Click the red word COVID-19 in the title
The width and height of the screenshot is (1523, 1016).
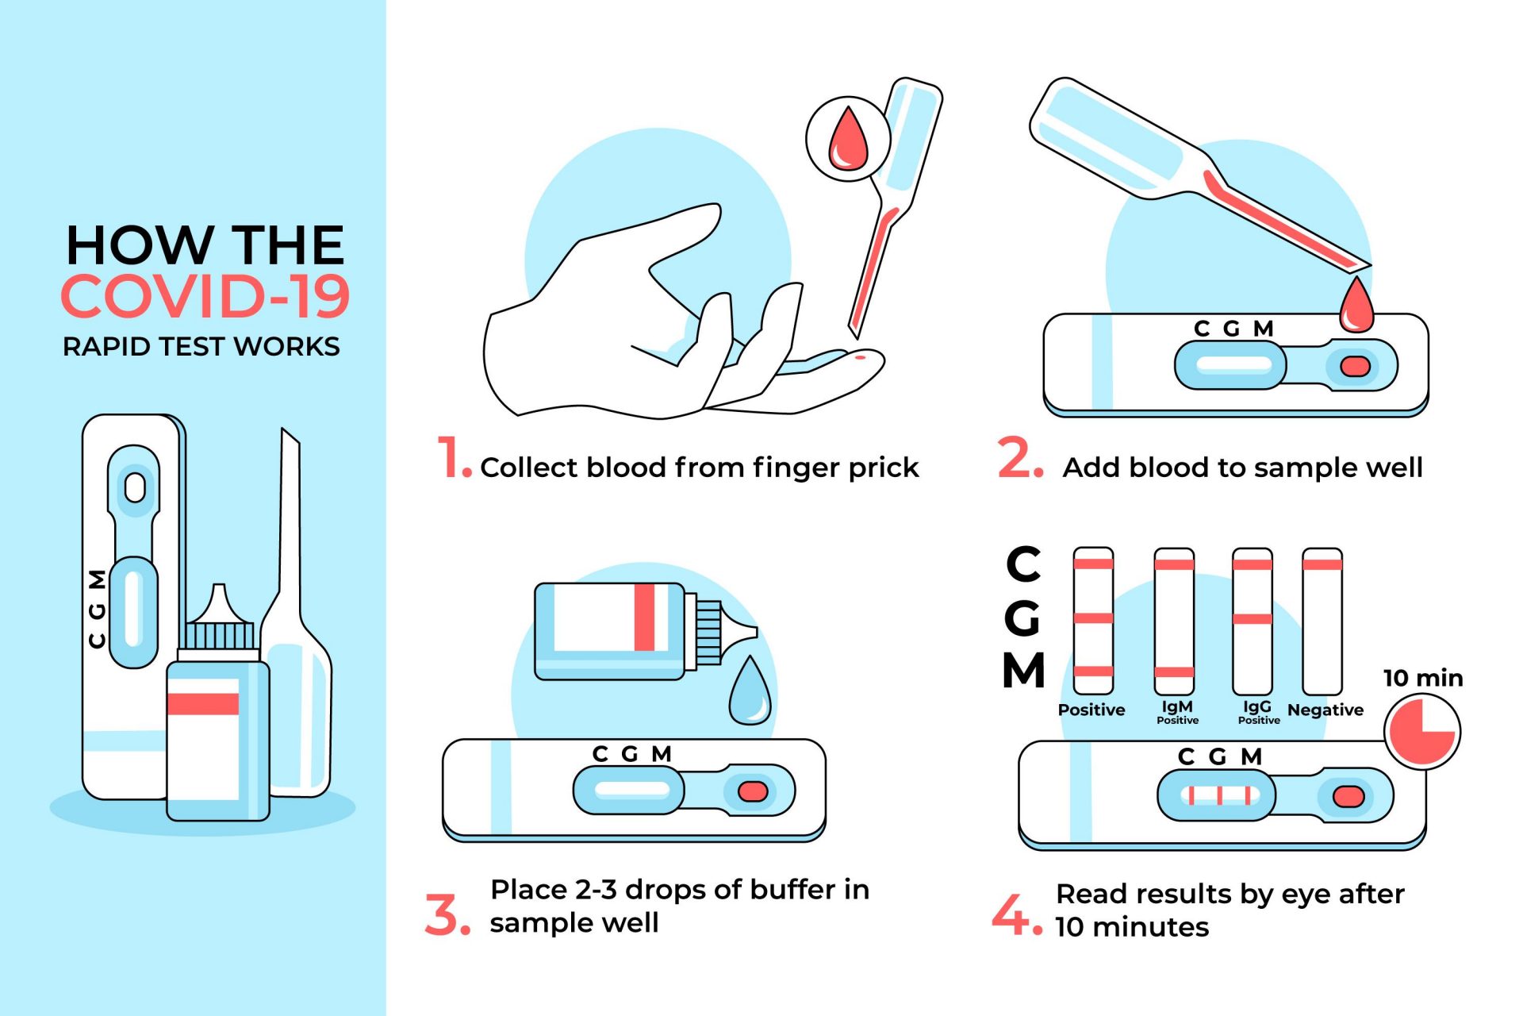click(205, 296)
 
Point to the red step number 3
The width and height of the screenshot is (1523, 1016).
click(447, 914)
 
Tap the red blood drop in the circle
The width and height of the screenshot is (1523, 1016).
click(848, 138)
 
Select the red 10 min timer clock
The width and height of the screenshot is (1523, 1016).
click(1422, 731)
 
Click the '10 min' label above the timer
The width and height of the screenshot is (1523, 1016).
click(1423, 678)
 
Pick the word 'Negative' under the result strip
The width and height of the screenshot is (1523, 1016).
click(1325, 710)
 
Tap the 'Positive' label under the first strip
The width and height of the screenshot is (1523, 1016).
click(1091, 710)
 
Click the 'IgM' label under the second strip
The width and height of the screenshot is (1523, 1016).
click(1177, 706)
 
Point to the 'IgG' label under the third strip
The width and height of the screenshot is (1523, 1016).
click(1257, 706)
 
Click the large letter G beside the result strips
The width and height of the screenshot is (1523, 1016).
click(1022, 618)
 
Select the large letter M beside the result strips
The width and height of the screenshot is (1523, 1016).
click(1024, 670)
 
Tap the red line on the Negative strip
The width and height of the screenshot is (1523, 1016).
click(1322, 565)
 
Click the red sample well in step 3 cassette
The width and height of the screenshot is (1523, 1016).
click(753, 791)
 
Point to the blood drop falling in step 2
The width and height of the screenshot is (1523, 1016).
click(1356, 304)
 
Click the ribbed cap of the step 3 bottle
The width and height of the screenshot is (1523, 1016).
click(709, 633)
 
